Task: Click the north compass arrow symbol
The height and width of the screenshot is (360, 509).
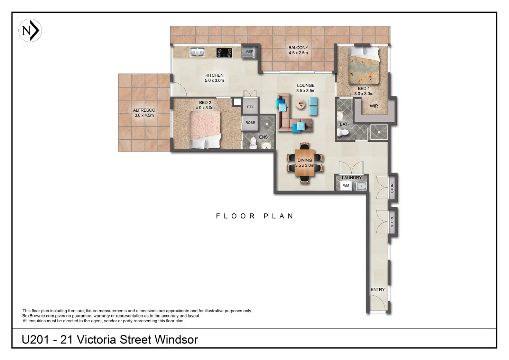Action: point(30,30)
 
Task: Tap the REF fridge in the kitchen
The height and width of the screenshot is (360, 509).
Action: point(250,52)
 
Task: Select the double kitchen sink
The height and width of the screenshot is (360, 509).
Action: point(197,52)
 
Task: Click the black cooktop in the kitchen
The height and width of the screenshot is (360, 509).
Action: point(224,53)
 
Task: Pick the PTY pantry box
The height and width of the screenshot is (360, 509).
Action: point(250,107)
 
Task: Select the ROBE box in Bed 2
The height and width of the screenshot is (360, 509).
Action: point(250,123)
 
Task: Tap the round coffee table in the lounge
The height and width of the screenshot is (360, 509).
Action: point(301,104)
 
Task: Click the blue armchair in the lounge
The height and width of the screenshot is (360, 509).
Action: point(313,106)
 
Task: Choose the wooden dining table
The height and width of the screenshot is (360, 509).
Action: point(305,163)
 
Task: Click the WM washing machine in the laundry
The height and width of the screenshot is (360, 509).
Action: point(346,186)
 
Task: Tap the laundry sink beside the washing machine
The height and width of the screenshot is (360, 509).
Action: point(361,186)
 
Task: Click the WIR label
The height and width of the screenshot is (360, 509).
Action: point(374,106)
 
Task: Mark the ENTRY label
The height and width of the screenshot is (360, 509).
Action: point(378,289)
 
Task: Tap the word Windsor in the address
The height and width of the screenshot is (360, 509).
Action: point(176,340)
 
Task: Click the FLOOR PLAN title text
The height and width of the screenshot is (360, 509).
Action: point(255,216)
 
